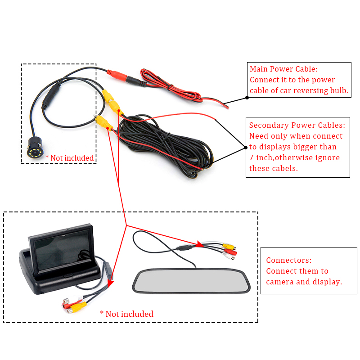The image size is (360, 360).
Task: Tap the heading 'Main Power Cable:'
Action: [x=283, y=69]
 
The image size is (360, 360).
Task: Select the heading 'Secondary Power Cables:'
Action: [x=297, y=125]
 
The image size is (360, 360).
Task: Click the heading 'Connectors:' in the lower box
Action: [x=288, y=260]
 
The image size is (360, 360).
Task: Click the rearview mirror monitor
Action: [x=191, y=281]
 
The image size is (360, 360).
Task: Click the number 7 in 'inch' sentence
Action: [x=252, y=157]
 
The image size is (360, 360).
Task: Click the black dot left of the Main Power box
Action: [x=247, y=96]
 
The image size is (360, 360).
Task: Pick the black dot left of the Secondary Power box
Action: [x=246, y=147]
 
